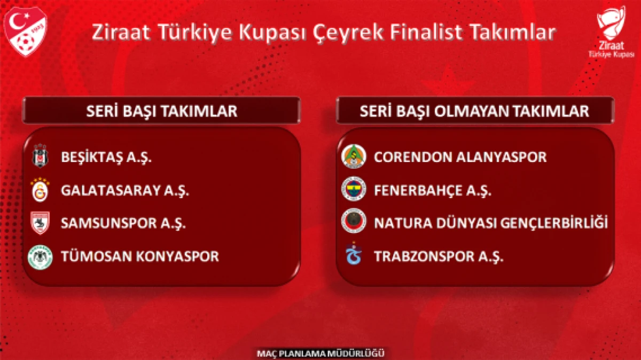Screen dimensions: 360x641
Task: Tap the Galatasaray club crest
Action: point(40,190)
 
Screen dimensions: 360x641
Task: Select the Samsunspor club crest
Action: point(40,223)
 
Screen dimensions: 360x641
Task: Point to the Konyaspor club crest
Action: point(40,256)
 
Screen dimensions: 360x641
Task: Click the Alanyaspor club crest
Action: point(353,156)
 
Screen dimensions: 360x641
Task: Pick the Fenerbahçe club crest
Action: point(353,190)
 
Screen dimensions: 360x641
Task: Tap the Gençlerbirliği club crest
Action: point(353,222)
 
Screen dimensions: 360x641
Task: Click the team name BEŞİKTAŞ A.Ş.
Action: point(107,158)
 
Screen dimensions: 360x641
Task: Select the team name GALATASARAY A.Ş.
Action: point(126,191)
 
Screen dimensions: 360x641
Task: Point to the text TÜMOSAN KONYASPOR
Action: point(140,256)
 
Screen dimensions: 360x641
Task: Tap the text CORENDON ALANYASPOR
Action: point(460,158)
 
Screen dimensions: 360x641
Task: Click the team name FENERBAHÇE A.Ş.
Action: point(433,191)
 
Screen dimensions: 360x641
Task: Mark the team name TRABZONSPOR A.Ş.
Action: point(439,256)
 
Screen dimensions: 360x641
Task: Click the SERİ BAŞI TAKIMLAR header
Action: point(161,111)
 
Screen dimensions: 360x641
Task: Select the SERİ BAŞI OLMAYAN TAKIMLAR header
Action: point(474,111)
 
